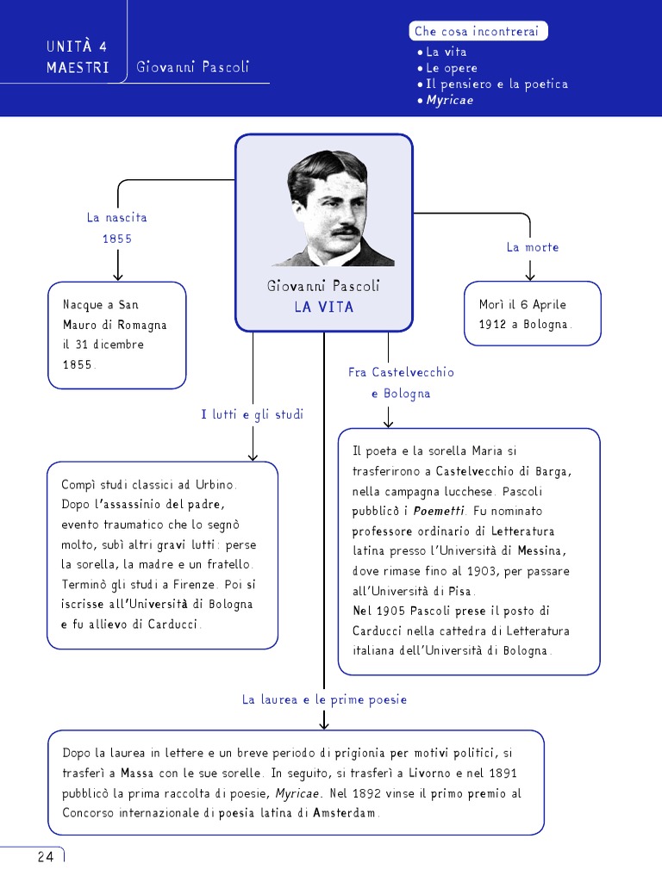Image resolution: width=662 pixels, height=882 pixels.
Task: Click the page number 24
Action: coord(45,856)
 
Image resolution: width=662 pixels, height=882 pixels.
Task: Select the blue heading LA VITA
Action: coord(323,307)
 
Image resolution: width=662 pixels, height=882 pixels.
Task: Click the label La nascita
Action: coord(117,217)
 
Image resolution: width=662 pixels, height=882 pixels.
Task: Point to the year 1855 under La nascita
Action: coord(117,239)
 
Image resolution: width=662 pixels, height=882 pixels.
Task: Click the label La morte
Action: coord(533,247)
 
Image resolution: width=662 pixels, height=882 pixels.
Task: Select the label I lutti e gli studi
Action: coord(253,414)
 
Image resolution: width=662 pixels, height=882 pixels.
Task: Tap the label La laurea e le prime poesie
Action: coord(324,699)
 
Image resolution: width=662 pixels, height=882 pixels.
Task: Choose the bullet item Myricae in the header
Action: coord(450,100)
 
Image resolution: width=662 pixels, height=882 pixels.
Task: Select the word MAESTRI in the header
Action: coord(78,67)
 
